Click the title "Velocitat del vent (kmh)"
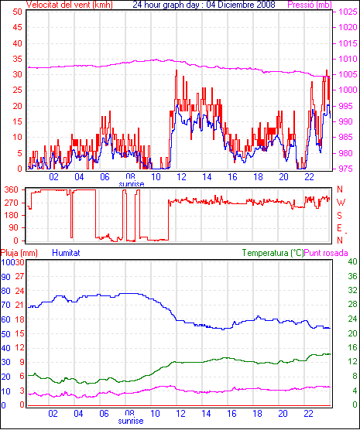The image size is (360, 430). (69, 5)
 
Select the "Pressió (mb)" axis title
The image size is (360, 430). (310, 5)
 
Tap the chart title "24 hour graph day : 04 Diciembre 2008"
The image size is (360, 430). (204, 5)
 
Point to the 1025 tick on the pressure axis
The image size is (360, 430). (348, 12)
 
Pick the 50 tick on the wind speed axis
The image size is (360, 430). (17, 12)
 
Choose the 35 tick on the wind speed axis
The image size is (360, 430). (17, 59)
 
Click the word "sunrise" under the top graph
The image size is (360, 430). (132, 184)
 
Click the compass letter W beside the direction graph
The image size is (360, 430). (341, 203)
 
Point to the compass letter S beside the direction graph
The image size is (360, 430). (340, 216)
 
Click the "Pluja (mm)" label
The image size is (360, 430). (19, 253)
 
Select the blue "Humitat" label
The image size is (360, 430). (66, 253)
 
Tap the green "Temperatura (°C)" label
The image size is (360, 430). (273, 253)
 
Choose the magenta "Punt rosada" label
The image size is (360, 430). (326, 253)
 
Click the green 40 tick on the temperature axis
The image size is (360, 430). (352, 262)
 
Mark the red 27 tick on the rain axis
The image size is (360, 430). (20, 276)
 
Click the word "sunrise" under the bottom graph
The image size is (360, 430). (131, 421)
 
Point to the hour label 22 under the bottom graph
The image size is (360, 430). (308, 413)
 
